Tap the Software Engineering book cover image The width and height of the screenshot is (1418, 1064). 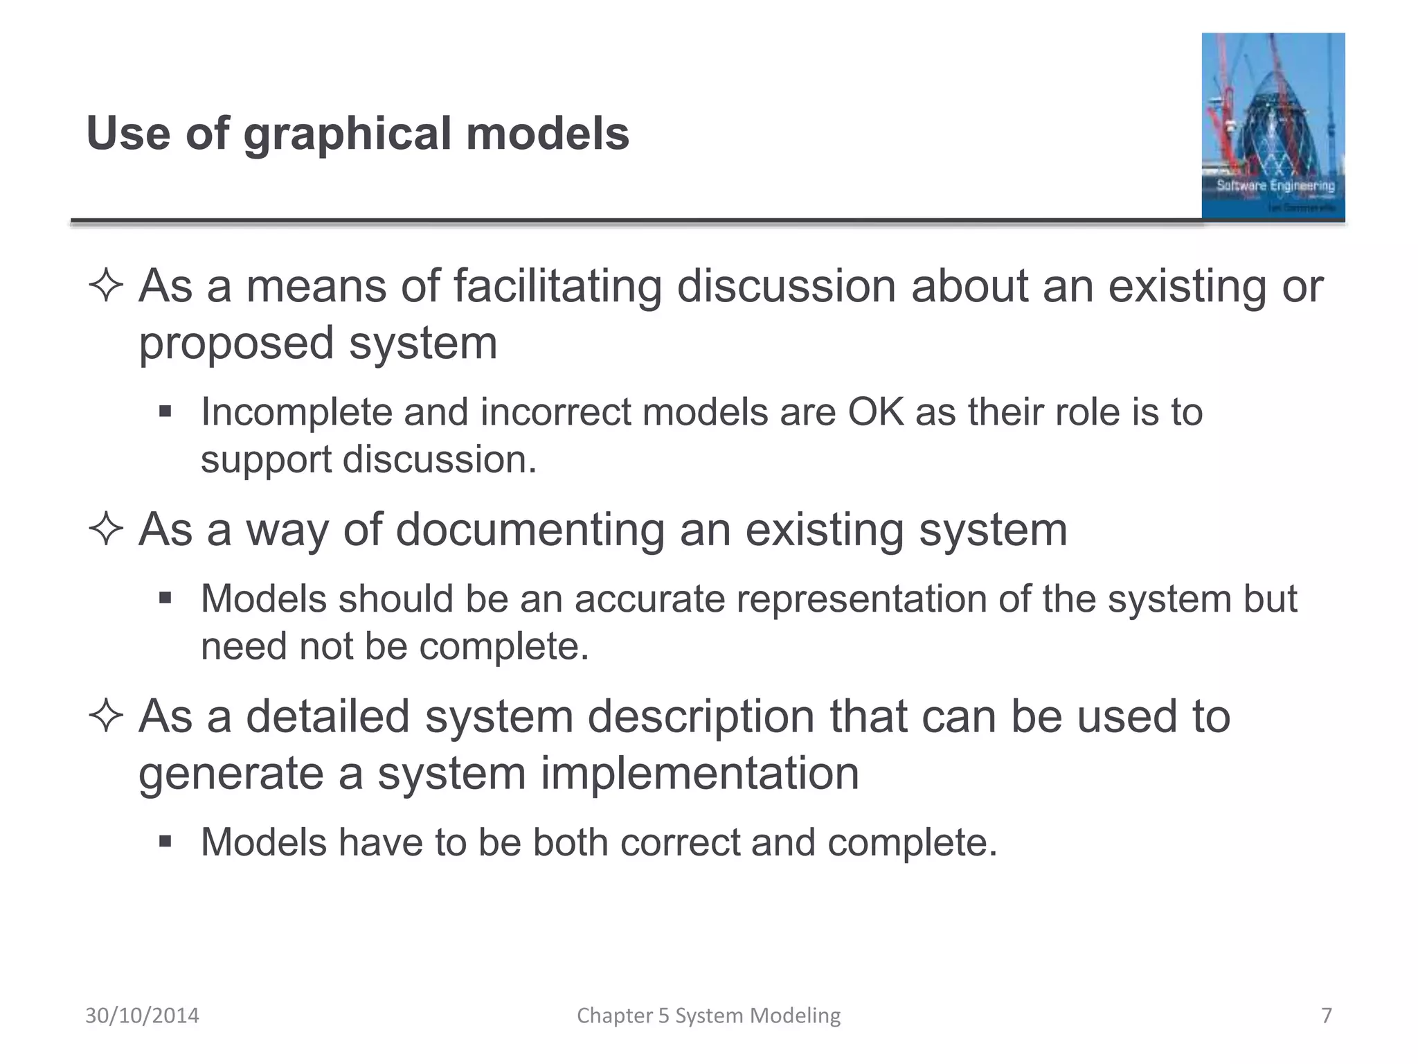click(x=1273, y=126)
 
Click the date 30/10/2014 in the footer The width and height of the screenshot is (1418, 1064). click(x=142, y=1016)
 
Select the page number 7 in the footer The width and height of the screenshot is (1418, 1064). click(x=1326, y=1016)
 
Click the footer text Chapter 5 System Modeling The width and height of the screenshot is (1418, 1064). click(x=708, y=1016)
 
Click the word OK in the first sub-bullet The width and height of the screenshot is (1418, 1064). click(x=876, y=412)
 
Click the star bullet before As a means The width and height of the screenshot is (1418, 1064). click(x=106, y=286)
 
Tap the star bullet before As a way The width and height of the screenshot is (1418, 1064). click(x=106, y=531)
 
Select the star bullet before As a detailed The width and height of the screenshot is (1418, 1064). click(x=106, y=716)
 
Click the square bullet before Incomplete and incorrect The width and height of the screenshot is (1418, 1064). click(x=165, y=412)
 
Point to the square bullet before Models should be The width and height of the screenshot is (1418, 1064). click(x=165, y=598)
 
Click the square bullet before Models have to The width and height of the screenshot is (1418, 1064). click(x=165, y=842)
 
